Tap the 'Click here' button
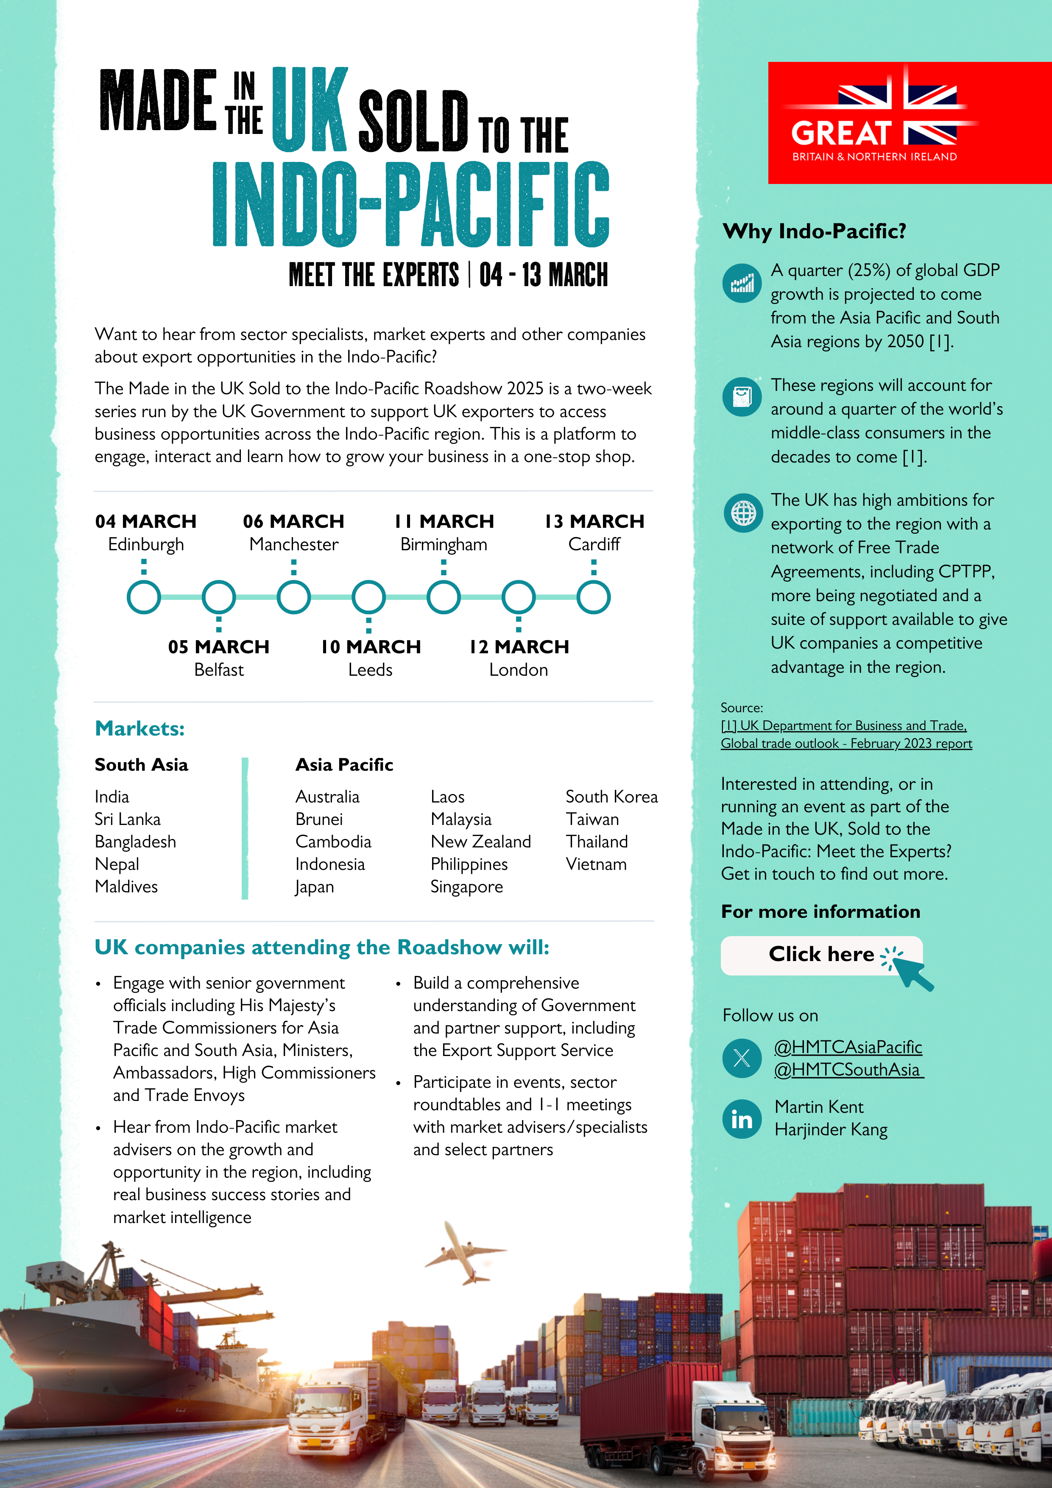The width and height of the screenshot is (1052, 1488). coord(821,955)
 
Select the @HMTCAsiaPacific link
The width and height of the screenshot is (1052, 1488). coord(848,1047)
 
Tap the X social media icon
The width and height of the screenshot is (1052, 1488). coord(742,1058)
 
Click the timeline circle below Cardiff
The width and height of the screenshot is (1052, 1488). coord(593,597)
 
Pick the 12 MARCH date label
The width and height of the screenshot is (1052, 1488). coord(519,647)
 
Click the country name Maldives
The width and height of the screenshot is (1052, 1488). coord(126,886)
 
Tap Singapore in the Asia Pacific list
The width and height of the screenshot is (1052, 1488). coord(467,886)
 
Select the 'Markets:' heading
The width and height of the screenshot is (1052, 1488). coord(140,728)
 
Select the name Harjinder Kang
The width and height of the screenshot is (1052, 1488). coord(831,1130)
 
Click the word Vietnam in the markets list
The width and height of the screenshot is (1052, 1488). coord(596,864)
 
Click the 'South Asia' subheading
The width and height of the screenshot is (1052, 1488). coord(141,765)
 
